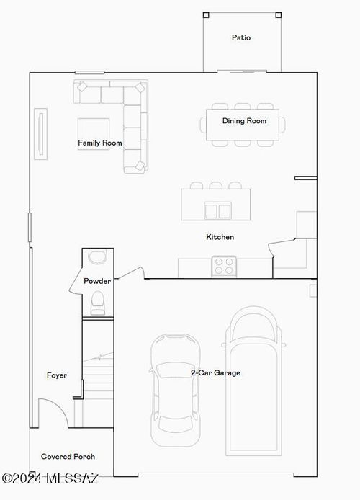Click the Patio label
(x=241, y=37)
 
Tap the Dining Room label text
(x=244, y=121)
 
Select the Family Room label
(x=100, y=143)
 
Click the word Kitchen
(x=220, y=237)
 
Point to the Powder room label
(x=96, y=281)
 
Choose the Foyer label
(x=57, y=375)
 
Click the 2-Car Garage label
(x=215, y=372)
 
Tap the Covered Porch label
(x=68, y=457)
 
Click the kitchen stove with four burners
(x=224, y=267)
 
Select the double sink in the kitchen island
(x=217, y=210)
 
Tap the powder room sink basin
(x=96, y=257)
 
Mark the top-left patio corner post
(x=206, y=14)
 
